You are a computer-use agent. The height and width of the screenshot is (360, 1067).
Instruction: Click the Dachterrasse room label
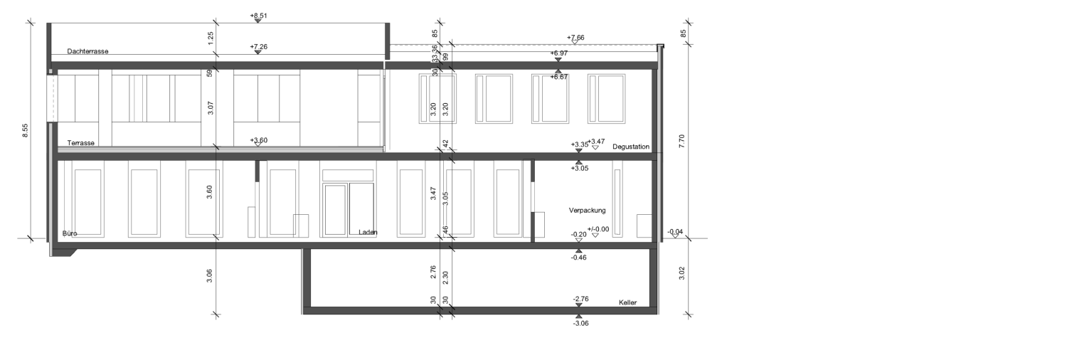point(87,51)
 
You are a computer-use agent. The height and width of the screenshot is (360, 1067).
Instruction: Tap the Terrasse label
point(80,143)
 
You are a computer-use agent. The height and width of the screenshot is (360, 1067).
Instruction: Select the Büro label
point(70,233)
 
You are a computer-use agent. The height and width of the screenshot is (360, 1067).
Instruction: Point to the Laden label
point(368,233)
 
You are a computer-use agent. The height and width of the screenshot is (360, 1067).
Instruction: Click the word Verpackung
point(587,210)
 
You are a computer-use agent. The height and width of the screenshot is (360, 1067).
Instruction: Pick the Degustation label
point(631,147)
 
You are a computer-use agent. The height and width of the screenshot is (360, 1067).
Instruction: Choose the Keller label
point(627,302)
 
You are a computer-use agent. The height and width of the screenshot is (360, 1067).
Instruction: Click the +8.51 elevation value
point(258,16)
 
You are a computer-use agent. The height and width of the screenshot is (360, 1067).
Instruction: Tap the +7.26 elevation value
point(258,47)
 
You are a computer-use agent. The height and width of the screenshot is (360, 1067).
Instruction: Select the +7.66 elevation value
point(575,38)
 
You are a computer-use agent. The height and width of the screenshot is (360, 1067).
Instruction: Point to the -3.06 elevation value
point(580,323)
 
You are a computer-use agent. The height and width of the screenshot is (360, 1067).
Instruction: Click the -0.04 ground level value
point(675,232)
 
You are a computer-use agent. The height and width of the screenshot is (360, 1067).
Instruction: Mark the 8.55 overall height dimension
point(26,131)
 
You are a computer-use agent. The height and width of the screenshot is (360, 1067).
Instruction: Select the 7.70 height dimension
point(681,141)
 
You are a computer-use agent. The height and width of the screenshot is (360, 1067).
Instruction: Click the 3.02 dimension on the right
point(681,273)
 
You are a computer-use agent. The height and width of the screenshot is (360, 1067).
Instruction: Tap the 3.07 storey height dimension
point(211,108)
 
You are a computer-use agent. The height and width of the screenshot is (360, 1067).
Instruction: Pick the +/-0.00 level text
point(598,229)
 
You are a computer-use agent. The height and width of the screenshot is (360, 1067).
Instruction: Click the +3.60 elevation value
point(258,140)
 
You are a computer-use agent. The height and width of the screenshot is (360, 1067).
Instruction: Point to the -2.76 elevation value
point(580,299)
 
